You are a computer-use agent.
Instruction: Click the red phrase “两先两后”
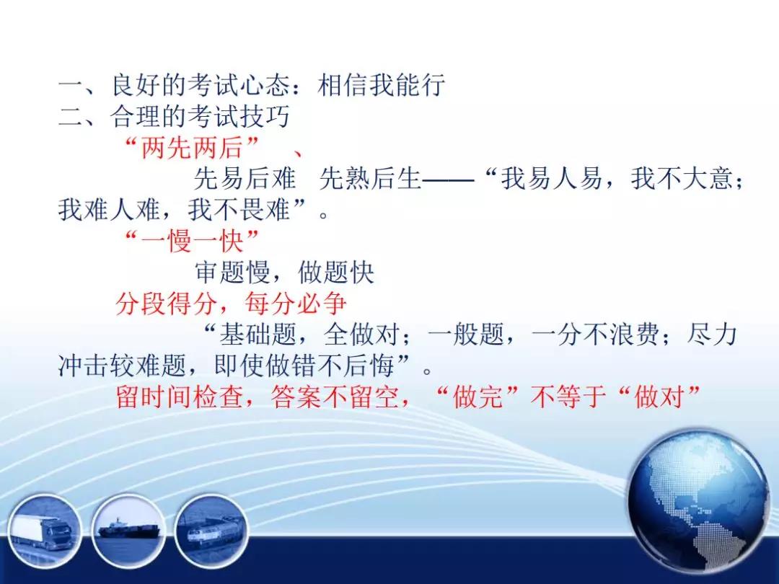[193, 148]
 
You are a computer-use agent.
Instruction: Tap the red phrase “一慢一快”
[193, 242]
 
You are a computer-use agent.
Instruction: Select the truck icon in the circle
[44, 532]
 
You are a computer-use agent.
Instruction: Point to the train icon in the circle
[212, 532]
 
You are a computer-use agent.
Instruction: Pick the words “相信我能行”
[381, 85]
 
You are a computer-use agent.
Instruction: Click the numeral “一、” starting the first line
[79, 85]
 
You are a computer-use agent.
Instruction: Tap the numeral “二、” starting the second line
[79, 117]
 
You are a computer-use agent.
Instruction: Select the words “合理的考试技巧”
[201, 117]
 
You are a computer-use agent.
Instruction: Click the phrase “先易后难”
[245, 179]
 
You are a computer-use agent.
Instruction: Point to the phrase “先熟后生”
[370, 179]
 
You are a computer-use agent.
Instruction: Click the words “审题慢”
[232, 272]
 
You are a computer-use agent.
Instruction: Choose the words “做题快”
[336, 272]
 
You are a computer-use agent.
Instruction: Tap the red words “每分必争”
[296, 304]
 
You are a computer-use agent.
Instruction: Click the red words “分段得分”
[167, 304]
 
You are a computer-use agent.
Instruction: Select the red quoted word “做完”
[478, 397]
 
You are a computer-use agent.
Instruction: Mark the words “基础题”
[258, 335]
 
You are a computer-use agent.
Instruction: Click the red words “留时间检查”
[180, 397]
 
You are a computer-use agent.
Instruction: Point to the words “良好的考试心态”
[201, 85]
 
